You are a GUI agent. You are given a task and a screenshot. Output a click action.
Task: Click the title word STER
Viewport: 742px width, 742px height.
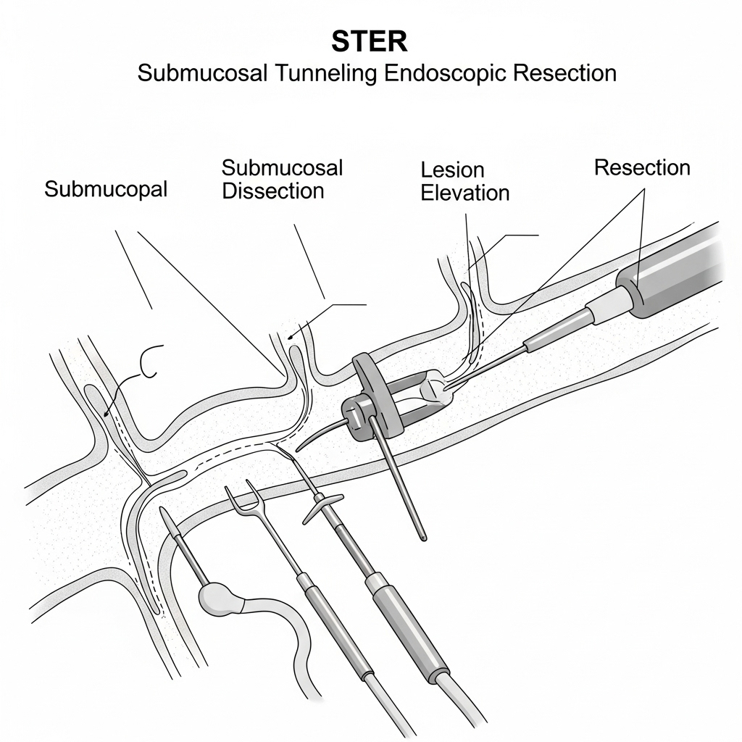click(370, 42)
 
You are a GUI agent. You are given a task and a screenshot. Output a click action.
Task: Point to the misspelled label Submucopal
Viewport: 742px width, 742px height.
click(106, 189)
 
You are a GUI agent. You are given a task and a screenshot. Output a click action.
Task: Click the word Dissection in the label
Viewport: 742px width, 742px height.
click(272, 191)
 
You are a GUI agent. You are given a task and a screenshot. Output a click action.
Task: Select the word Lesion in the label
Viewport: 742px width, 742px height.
click(452, 170)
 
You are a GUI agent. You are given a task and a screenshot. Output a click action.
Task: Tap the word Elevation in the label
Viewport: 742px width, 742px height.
click(465, 193)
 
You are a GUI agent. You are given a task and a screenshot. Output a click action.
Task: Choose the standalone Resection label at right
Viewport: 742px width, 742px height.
click(642, 167)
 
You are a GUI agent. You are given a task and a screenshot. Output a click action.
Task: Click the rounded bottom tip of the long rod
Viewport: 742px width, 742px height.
click(422, 537)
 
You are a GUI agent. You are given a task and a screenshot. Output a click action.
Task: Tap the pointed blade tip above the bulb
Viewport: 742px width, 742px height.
click(167, 519)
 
